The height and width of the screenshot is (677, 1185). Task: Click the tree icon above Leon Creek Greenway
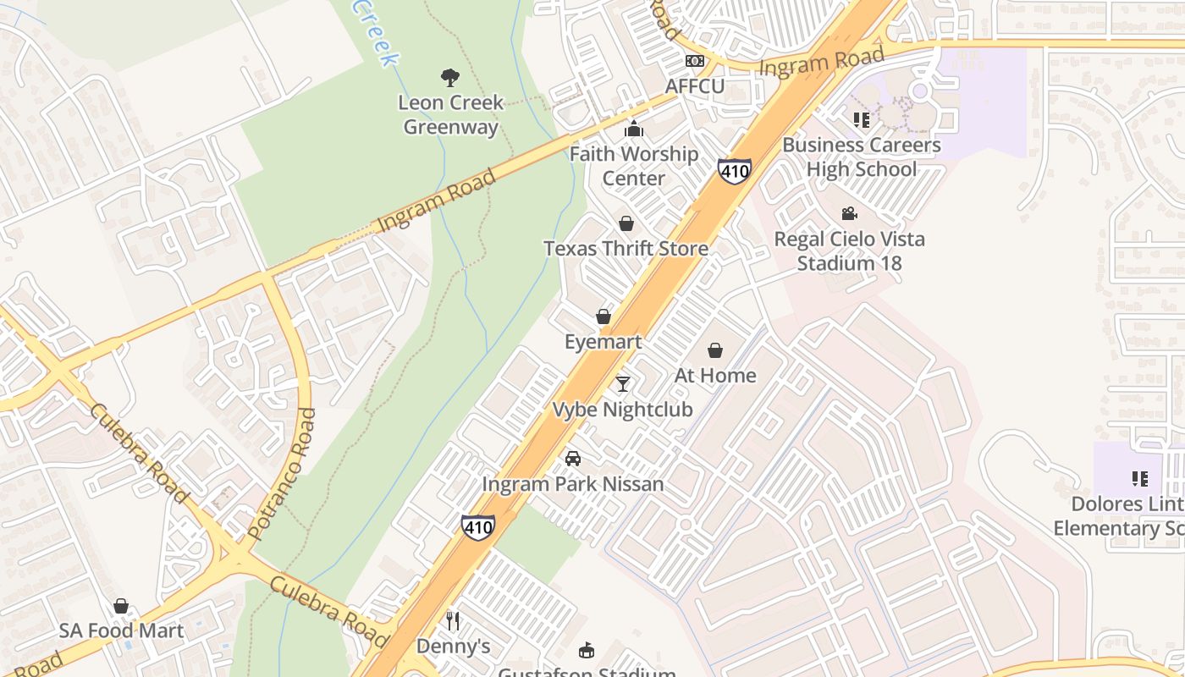(450, 78)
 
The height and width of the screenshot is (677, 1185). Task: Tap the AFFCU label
(694, 86)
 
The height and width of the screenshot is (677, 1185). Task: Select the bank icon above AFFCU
(694, 61)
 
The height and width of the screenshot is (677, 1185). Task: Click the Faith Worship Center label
(633, 166)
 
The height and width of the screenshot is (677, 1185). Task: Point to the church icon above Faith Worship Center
(633, 129)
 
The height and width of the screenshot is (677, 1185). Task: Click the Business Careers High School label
(861, 157)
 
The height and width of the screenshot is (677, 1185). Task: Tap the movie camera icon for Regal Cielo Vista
(849, 214)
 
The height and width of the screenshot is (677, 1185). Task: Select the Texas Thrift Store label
(626, 249)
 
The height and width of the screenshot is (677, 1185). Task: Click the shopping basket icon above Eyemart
(604, 316)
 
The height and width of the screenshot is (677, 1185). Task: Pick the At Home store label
(715, 375)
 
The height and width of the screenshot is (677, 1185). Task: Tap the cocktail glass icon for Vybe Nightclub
(623, 384)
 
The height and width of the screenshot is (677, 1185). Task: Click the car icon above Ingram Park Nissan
(573, 459)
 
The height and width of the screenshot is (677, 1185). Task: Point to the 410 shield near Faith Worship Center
(734, 170)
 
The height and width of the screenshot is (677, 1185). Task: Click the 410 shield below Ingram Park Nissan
(478, 526)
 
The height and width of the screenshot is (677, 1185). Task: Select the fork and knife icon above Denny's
(453, 621)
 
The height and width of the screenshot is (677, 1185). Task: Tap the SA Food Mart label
(121, 630)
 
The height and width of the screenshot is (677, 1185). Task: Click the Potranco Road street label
(283, 474)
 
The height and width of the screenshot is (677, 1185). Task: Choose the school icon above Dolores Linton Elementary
(1139, 479)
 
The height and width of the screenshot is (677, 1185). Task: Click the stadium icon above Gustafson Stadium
(586, 650)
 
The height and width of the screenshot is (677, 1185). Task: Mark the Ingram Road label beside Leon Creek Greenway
(436, 201)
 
